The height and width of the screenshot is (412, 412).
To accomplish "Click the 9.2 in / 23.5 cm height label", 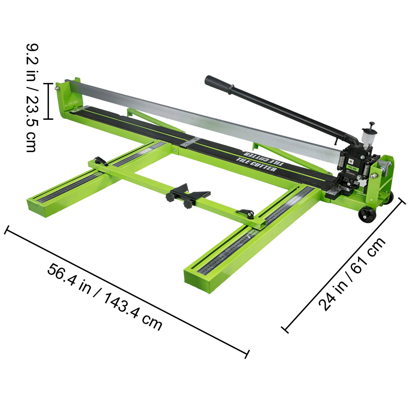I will coord(32,98).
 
